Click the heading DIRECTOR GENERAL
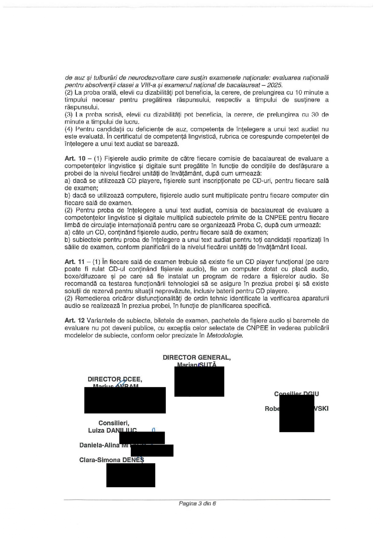point(197,357)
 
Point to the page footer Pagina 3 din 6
point(198,503)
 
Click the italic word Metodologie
point(224,335)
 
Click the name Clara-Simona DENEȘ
point(112,460)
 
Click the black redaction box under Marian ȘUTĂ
point(199,381)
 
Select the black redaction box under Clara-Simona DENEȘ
point(131,475)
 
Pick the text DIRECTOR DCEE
point(115,379)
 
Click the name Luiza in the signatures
point(96,430)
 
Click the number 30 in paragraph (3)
point(315,115)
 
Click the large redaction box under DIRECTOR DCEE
point(125,400)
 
